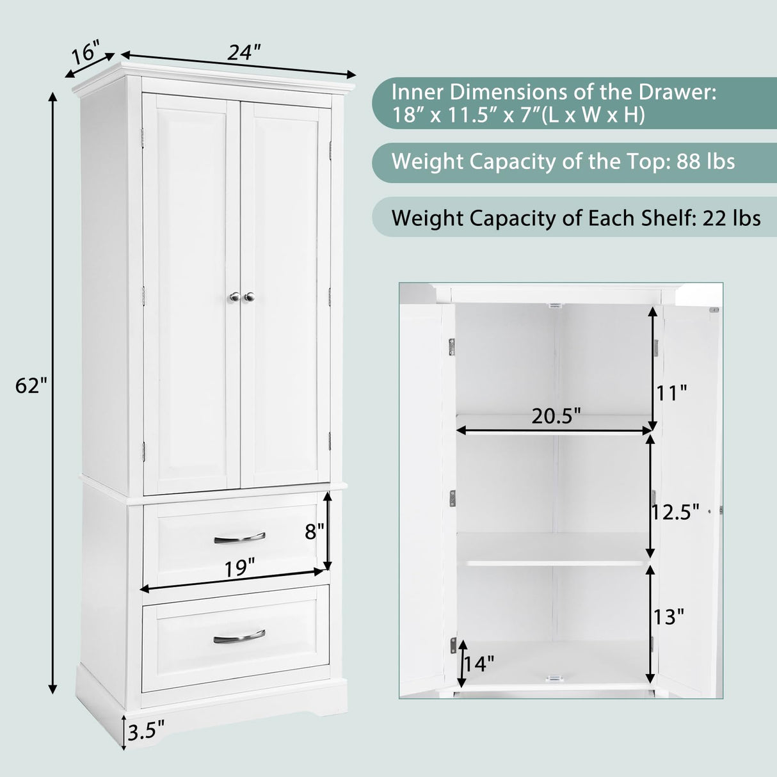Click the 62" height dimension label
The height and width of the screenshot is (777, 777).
pos(31,386)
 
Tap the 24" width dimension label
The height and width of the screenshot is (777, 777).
pos(244,52)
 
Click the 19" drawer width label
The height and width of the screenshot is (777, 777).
pos(239,568)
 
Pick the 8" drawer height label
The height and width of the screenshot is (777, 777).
pos(314,531)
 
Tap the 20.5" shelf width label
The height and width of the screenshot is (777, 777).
pos(556,416)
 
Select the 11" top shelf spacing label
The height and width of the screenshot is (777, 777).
pos(670,392)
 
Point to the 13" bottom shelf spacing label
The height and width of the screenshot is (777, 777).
pos(669,617)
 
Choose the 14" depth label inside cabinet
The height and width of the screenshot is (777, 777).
pos(478,663)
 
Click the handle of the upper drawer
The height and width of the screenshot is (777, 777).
pos(239,538)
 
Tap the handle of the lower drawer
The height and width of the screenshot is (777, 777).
pos(239,636)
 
